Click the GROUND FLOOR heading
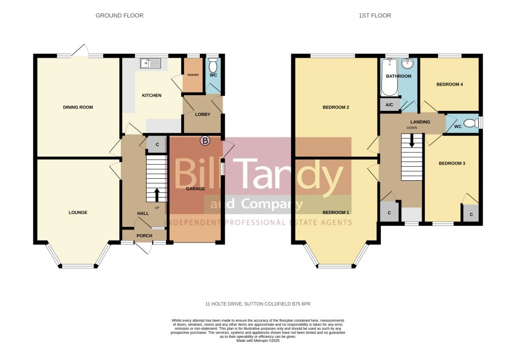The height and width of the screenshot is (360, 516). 119,16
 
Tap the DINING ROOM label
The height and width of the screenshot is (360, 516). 78,107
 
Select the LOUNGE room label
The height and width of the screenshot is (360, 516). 78,213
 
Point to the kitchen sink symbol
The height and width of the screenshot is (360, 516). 151,63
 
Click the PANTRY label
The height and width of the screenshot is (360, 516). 193,75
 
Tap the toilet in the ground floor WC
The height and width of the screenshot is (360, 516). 213,65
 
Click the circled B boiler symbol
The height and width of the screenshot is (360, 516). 205,141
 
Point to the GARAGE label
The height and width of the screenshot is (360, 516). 195,189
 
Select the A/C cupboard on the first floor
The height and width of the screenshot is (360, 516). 390,105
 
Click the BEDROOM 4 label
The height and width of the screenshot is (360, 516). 450,85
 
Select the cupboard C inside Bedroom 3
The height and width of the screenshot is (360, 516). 471,214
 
